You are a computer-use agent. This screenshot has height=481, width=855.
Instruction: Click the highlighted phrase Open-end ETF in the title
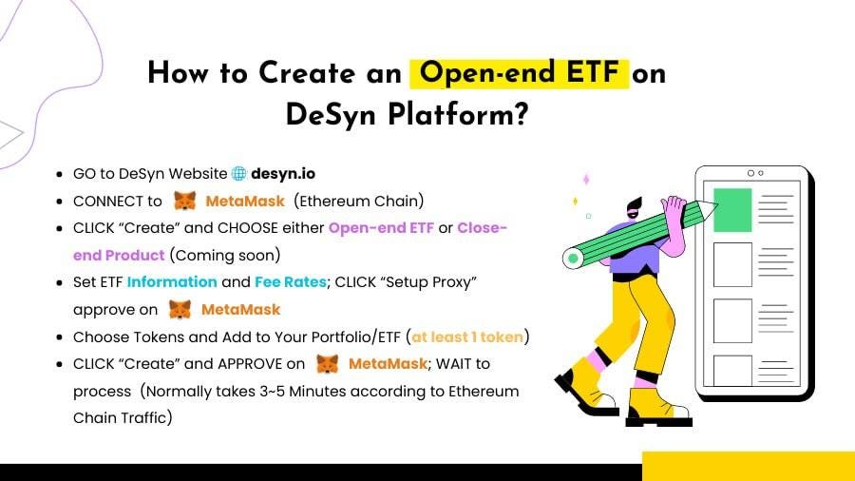click(519, 73)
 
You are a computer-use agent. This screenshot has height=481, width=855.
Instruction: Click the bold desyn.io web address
click(283, 173)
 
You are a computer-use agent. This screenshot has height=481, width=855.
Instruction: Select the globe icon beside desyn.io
click(238, 173)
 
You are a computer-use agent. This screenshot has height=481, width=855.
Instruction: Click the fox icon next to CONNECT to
click(185, 201)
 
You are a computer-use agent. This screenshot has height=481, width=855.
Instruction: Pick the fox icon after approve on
click(180, 309)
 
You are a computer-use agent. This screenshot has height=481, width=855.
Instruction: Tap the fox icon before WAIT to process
click(327, 364)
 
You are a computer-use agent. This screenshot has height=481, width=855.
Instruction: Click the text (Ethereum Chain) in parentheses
click(359, 202)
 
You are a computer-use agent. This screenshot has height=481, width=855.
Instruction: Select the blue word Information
click(172, 282)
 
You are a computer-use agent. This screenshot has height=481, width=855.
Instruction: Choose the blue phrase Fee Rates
click(291, 282)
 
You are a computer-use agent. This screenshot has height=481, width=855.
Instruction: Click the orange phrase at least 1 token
click(467, 337)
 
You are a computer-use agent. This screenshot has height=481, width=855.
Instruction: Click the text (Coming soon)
click(225, 255)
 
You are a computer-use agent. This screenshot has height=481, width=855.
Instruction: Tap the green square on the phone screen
click(732, 210)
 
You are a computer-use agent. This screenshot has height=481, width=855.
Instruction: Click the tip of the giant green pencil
click(716, 205)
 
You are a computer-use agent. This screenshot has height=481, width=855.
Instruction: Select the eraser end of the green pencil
click(573, 258)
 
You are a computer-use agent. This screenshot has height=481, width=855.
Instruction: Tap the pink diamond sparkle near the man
click(587, 180)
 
